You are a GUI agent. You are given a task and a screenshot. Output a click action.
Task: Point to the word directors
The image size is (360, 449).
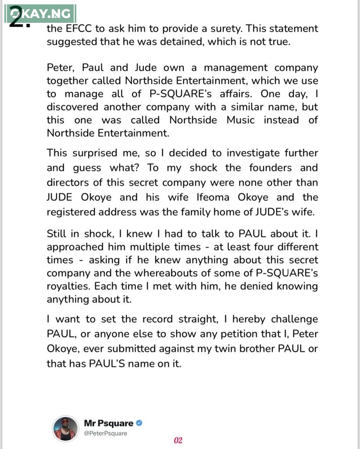69,182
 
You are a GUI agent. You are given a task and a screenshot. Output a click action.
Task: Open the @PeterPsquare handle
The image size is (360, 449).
106,433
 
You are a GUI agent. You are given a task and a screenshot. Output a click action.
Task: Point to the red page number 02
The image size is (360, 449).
178,440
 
